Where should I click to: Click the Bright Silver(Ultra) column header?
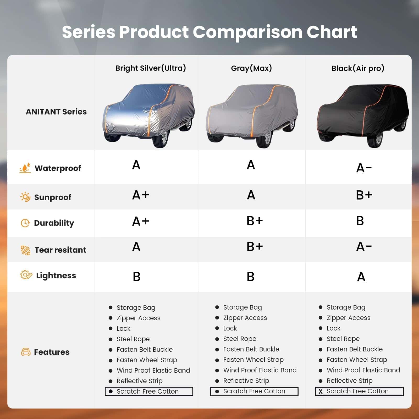151,68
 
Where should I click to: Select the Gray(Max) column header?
251,68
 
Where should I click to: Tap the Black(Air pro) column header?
358,68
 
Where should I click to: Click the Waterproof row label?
58,168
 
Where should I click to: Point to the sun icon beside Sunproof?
25,197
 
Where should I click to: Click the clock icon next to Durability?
25,223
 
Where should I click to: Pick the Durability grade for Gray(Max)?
255,221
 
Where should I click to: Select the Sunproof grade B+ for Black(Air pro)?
364,195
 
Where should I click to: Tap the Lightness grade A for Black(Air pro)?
361,277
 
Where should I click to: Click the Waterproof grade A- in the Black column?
364,168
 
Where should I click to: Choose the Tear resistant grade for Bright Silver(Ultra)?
136,247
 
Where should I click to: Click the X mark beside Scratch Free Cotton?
321,392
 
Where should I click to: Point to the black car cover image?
363,115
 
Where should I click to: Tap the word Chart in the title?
332,32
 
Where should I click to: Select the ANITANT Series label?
56,112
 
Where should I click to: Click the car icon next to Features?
26,352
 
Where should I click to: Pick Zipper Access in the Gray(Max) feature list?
245,318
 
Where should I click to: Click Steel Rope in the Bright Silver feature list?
133,339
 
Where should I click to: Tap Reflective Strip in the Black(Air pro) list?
349,381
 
